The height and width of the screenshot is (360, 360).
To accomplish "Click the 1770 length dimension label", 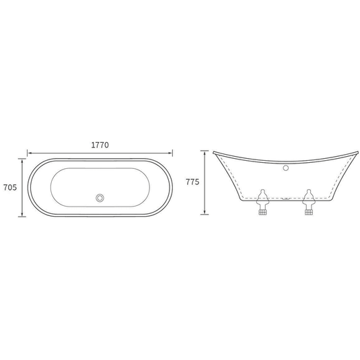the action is pyautogui.click(x=100, y=145).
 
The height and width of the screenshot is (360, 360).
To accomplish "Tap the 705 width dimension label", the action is pyautogui.click(x=10, y=188).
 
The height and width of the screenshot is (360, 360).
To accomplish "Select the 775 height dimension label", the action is pyautogui.click(x=192, y=182).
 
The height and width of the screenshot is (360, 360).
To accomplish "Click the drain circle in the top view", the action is pyautogui.click(x=100, y=198).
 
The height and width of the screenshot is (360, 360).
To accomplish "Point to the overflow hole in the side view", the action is pyautogui.click(x=285, y=168).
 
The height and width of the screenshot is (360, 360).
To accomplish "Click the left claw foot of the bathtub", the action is pyautogui.click(x=262, y=202).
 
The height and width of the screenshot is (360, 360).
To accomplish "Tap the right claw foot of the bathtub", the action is pyautogui.click(x=309, y=202).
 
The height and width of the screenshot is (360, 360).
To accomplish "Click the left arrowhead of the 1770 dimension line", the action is pyautogui.click(x=29, y=153).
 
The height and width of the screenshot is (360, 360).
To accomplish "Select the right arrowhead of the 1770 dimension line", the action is pyautogui.click(x=171, y=153).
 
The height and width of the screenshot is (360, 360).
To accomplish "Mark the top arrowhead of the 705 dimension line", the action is pyautogui.click(x=22, y=160).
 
